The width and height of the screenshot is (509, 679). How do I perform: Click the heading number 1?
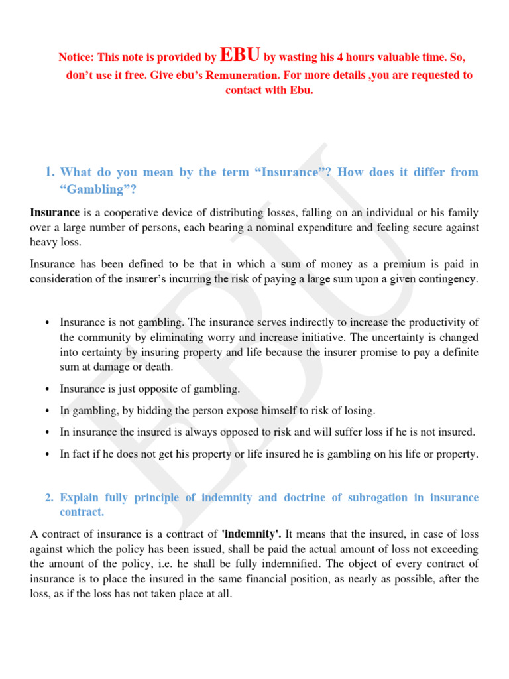click(48, 172)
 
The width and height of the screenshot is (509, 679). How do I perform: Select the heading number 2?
click(48, 497)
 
